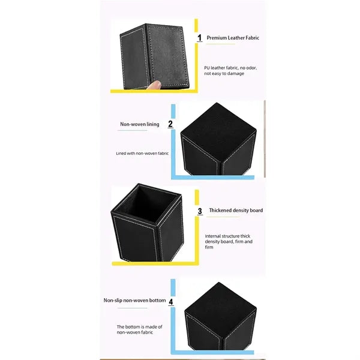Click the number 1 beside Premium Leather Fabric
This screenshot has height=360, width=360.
point(200,38)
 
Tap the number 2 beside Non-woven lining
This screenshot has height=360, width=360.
point(170,124)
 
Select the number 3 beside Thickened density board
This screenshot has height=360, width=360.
point(200,211)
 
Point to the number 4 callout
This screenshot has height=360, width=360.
point(171,301)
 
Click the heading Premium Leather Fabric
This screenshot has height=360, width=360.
point(233,38)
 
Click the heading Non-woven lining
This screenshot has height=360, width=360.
point(140,124)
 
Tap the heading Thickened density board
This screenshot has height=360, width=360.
point(236,211)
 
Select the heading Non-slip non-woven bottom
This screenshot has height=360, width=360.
point(134,301)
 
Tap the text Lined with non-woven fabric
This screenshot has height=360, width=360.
point(142,154)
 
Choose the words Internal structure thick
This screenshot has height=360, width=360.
point(227,236)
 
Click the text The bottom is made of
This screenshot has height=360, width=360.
point(139,327)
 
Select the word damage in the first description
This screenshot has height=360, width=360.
point(236,74)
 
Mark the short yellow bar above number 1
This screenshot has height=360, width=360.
point(196,25)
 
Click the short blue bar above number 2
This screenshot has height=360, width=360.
point(173,112)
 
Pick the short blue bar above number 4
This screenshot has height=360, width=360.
point(173,287)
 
